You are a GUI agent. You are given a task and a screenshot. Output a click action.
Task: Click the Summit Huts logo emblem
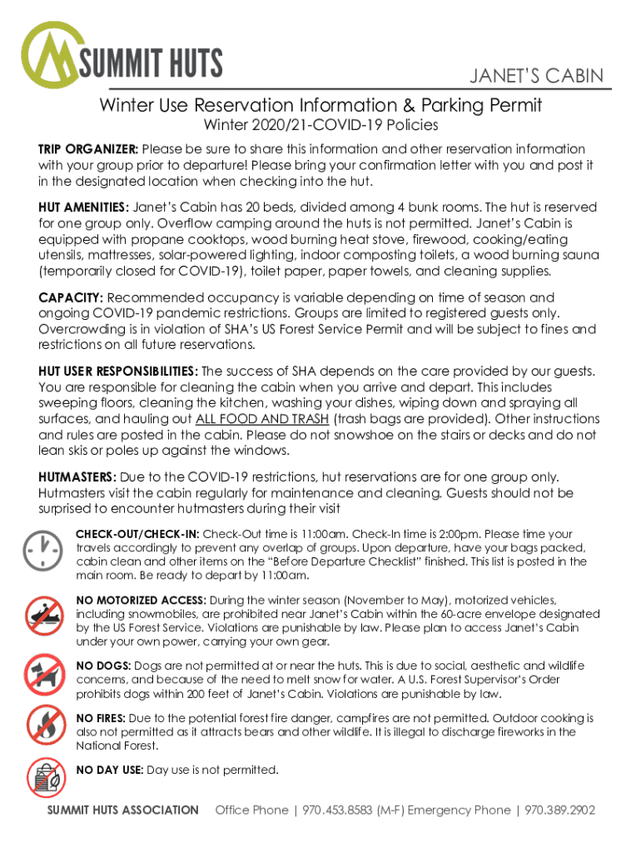pos(52,57)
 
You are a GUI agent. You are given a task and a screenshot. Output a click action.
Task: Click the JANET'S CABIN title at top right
pos(536,77)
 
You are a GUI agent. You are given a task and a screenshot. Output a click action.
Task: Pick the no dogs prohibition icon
pos(42,675)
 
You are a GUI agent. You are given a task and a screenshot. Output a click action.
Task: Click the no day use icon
pos(42,777)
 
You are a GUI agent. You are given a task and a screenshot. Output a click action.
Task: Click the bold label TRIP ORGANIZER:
pos(88,149)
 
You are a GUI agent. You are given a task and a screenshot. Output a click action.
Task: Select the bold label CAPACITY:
pos(71,297)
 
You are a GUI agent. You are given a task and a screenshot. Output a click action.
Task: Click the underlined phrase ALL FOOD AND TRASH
pos(262,419)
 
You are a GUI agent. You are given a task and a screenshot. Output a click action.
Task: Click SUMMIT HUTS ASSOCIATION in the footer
pos(123,810)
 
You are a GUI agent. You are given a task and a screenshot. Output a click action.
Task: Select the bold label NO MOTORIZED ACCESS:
pos(141,600)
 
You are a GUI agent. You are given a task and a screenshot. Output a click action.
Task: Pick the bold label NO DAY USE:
pos(109,771)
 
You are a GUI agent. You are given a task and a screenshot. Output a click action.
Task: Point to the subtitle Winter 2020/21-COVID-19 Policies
pos(321,126)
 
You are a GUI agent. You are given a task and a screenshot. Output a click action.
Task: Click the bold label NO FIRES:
pos(101,718)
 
